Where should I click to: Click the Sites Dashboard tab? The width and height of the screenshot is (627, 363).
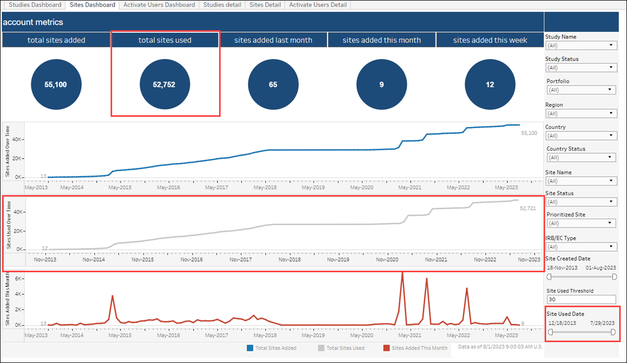92,5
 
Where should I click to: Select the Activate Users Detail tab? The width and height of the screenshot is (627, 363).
318,5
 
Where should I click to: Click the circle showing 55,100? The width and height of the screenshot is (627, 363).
56,84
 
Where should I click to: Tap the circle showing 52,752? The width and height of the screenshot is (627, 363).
165,84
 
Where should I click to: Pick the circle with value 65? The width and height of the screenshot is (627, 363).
273,84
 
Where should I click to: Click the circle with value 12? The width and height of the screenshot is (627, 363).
490,84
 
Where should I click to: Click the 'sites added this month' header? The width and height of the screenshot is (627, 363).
382,40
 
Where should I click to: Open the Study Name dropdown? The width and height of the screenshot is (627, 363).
581,45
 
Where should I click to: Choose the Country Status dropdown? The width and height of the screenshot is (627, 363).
581,158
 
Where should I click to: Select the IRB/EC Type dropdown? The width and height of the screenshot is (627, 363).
581,247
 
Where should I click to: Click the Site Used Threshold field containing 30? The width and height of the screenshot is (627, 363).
581,299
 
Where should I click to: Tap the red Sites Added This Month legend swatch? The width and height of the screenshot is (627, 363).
387,348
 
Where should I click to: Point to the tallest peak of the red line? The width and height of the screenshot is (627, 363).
402,273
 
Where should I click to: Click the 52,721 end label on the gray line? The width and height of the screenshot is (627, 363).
528,208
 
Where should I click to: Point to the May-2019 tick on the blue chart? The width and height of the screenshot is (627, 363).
314,187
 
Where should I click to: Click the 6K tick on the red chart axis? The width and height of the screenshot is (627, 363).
17,279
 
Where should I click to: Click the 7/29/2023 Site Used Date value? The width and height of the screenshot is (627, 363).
602,323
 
